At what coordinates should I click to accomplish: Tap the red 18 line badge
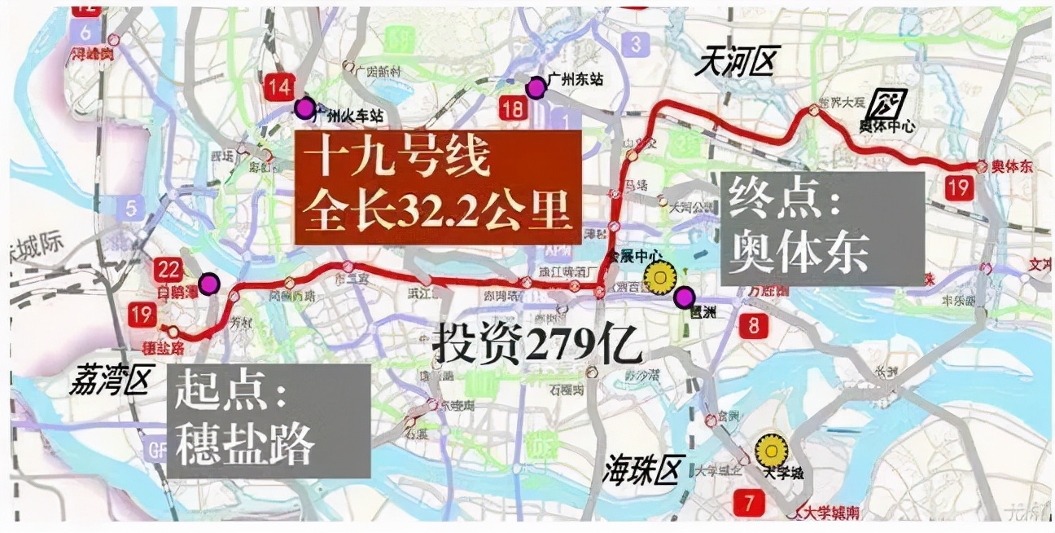point(511,109)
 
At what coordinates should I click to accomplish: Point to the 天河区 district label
point(737,63)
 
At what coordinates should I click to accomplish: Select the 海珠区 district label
point(641,469)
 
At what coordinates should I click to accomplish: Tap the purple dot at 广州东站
point(536,88)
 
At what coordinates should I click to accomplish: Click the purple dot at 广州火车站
point(304,107)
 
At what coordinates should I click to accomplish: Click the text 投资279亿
point(538,346)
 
